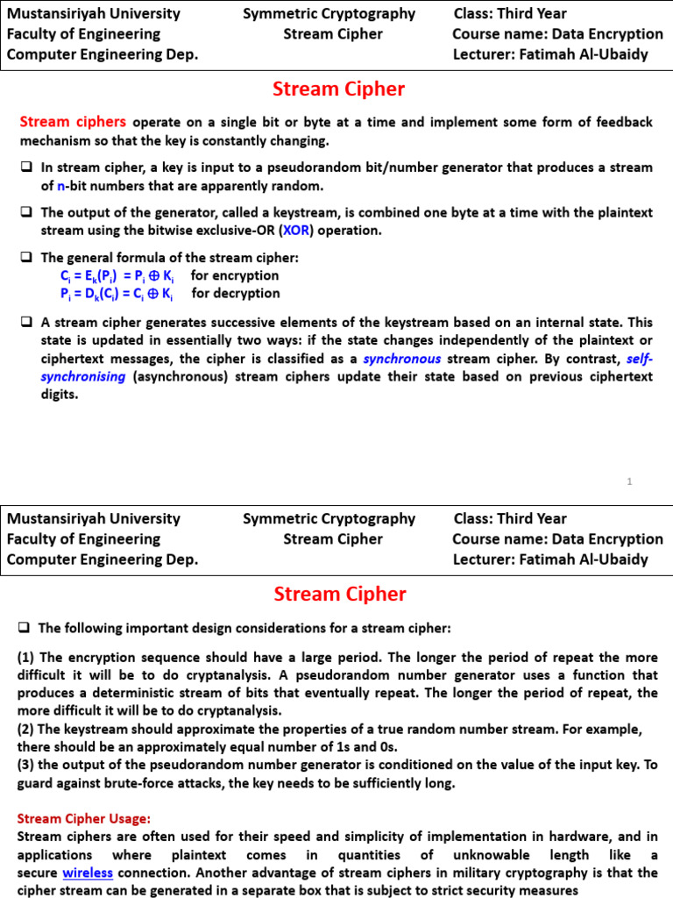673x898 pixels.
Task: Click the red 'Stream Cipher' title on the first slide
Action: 339,89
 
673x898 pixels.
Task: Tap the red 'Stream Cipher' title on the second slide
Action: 339,595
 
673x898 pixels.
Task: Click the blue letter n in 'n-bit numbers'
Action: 61,186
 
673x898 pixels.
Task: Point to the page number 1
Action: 630,481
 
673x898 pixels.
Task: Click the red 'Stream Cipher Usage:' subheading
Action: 84,818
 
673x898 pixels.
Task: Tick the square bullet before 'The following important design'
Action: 25,628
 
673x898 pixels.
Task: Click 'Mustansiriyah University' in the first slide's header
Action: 94,13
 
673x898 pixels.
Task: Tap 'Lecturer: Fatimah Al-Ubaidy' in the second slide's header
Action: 550,559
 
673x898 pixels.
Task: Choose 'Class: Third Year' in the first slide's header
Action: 510,13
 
